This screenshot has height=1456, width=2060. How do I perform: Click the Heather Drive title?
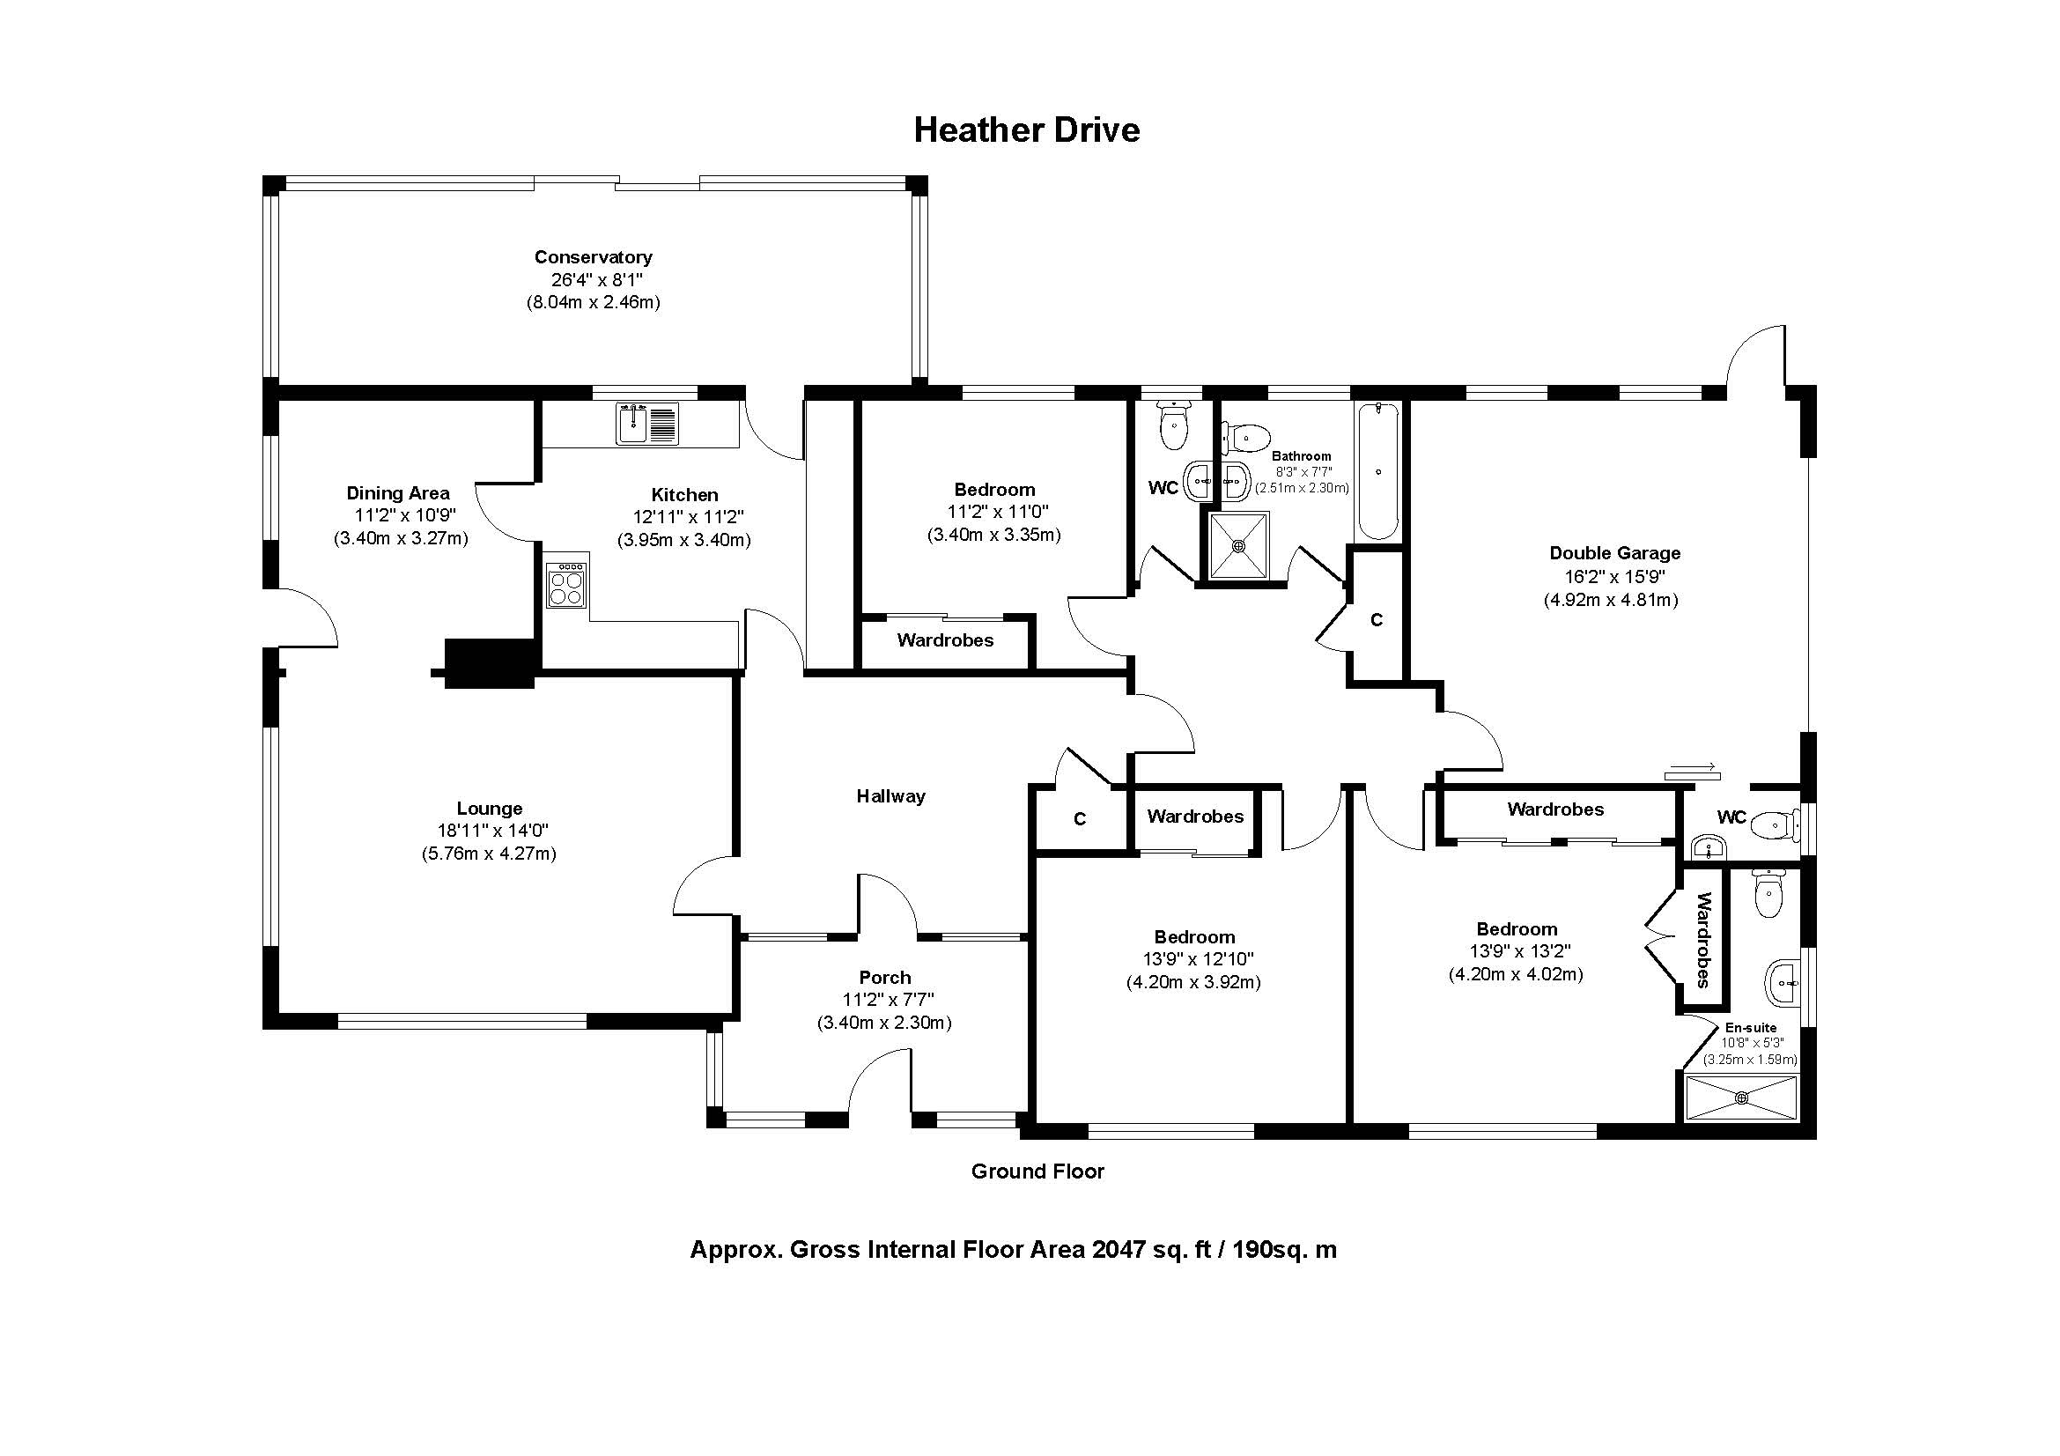(x=1026, y=130)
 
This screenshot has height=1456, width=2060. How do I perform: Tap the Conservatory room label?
(x=593, y=257)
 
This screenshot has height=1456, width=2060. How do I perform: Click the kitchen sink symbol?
(x=648, y=424)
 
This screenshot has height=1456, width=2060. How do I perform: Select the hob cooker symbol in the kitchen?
(x=567, y=585)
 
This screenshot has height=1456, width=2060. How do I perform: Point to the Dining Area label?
(x=398, y=492)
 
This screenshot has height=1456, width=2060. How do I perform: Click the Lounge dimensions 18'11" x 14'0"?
(x=489, y=831)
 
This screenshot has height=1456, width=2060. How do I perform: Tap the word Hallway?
(x=890, y=795)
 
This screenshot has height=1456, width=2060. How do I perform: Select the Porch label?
(x=884, y=977)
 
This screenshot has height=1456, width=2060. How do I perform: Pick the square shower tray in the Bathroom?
(x=1239, y=545)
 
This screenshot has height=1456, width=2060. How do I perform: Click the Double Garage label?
(x=1615, y=553)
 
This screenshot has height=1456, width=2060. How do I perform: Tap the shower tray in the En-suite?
(x=1741, y=1098)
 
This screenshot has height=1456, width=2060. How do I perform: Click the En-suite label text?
(x=1751, y=1028)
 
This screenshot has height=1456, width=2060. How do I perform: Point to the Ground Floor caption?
(x=1037, y=1171)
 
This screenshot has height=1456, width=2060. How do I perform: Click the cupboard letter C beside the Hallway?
(x=1081, y=819)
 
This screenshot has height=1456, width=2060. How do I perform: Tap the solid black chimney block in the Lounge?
(x=490, y=664)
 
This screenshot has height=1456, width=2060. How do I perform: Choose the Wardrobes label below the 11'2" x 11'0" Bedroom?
(x=945, y=640)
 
